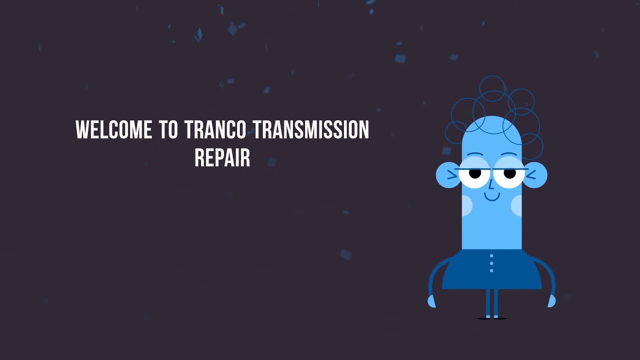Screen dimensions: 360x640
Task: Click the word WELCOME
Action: coord(113,130)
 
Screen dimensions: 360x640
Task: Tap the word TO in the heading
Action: coord(168,130)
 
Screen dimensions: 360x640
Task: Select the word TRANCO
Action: coord(215,130)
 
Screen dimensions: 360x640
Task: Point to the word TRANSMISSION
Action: coord(311,130)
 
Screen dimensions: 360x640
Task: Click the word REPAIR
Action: coord(222,157)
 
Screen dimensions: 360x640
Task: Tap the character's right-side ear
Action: coord(535,175)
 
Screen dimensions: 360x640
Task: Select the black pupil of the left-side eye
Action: coord(474,173)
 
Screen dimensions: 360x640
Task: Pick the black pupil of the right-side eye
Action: coord(509,173)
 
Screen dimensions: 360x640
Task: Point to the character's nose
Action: coord(491,185)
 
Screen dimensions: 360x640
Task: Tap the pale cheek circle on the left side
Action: coord(466,205)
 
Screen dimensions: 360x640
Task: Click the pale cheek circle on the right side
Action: coord(517,205)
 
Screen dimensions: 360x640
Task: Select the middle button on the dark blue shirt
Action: coord(491,263)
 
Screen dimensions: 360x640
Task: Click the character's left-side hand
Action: coord(431,301)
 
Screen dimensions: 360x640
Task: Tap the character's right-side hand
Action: coord(551,301)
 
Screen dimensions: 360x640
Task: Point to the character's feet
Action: coord(491,317)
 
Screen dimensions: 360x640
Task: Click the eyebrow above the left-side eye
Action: coord(475,154)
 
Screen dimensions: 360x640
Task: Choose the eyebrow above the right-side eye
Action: coord(509,154)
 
